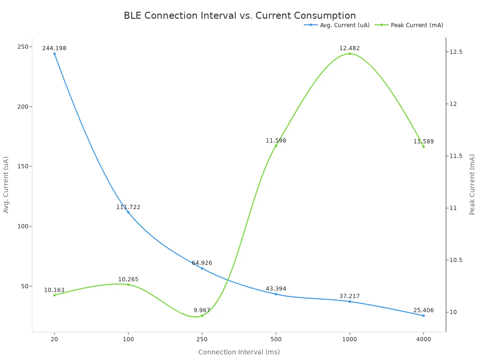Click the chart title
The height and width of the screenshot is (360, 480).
click(240, 15)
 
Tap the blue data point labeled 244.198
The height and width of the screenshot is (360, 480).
click(54, 53)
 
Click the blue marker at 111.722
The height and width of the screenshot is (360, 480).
click(128, 212)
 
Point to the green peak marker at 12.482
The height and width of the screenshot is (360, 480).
click(350, 53)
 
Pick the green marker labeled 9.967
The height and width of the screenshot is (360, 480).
click(202, 315)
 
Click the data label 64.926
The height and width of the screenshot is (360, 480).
click(202, 263)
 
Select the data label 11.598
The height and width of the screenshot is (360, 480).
click(276, 141)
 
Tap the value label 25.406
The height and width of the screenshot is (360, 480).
click(423, 310)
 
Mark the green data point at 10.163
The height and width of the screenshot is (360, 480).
click(54, 295)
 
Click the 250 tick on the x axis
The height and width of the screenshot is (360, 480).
click(202, 339)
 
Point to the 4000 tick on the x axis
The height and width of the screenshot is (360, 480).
click(423, 339)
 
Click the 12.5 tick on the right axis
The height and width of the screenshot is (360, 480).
click(456, 52)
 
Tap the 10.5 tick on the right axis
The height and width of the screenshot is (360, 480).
click(456, 260)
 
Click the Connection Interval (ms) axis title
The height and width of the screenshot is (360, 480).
click(239, 352)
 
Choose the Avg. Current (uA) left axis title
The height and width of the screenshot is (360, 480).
click(6, 185)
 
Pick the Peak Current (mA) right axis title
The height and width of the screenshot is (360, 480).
click(472, 185)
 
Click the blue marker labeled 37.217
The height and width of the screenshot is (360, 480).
click(350, 301)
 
